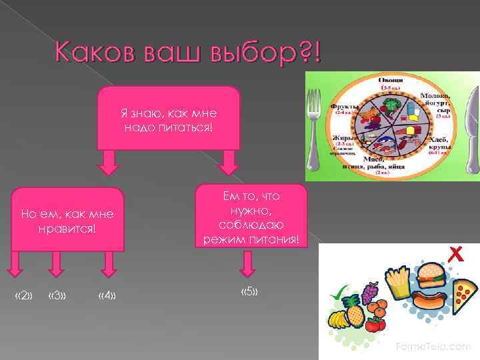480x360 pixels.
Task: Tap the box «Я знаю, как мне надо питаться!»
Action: pyautogui.click(x=169, y=117)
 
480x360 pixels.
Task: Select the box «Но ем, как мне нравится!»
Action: pyautogui.click(x=67, y=220)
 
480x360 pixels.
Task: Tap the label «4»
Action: pyautogui.click(x=106, y=295)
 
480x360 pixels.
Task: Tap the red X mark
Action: pyautogui.click(x=456, y=253)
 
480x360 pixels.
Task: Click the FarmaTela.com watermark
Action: pyautogui.click(x=433, y=347)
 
